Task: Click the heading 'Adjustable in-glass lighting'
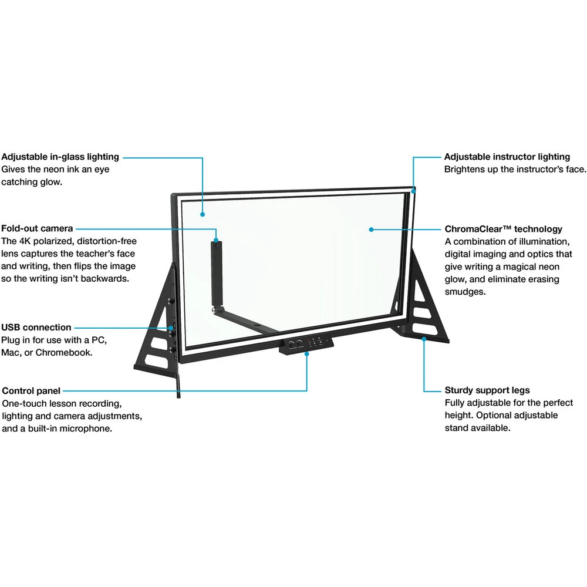tap(60, 157)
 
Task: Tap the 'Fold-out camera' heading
tap(37, 228)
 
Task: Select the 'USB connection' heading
tap(36, 327)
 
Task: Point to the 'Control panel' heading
tap(31, 391)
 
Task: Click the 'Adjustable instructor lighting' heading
tap(507, 157)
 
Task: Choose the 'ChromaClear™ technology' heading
tap(503, 229)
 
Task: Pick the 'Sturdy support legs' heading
tap(487, 390)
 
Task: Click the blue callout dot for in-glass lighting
tap(203, 214)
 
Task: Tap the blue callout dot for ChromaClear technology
tap(371, 230)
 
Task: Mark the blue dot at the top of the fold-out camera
tap(216, 240)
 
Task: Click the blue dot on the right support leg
tap(424, 339)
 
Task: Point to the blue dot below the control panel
tap(306, 354)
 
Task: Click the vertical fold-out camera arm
tap(215, 274)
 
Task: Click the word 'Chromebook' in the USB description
tap(63, 353)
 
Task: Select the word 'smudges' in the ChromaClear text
tap(465, 292)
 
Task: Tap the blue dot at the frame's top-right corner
tap(413, 191)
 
